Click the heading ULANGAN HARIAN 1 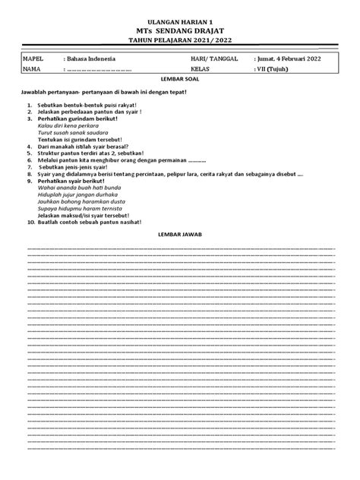tap(180, 24)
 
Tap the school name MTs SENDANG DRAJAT tap(180, 33)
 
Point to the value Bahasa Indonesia tap(90, 58)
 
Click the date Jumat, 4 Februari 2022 tap(292, 58)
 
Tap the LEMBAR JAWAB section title tap(180, 235)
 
